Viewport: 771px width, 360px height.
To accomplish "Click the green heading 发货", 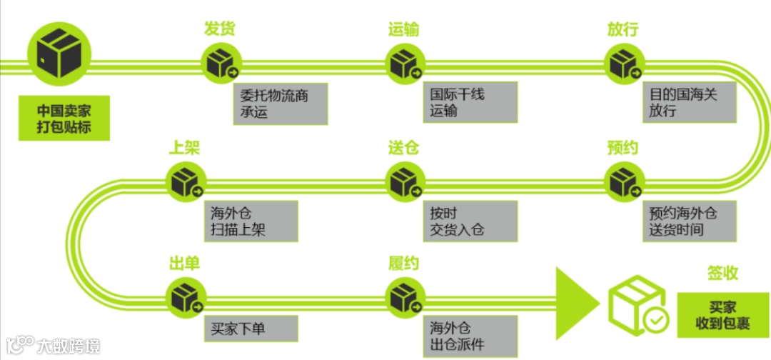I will [x=219, y=29].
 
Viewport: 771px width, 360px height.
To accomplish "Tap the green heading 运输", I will [x=403, y=29].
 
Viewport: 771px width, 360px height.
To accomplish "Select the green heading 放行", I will [x=623, y=29].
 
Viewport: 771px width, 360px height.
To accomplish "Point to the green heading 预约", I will [x=623, y=148].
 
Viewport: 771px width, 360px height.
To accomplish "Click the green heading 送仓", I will [x=403, y=148].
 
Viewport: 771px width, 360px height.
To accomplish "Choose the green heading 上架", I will [x=184, y=148].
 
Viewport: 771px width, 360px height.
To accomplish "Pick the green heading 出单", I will [x=184, y=264].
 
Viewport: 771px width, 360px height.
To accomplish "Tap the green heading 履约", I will [x=403, y=264].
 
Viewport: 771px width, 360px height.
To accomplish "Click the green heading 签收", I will [x=722, y=274].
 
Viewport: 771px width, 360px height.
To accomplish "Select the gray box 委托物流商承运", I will [x=281, y=103].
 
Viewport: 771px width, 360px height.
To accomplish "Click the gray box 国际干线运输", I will [x=470, y=103].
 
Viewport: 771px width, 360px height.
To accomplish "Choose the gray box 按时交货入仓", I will [x=470, y=221].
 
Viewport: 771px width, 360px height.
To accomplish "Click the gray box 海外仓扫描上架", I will [x=250, y=221].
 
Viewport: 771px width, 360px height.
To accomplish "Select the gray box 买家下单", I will [x=250, y=329].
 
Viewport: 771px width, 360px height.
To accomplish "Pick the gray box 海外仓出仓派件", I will [x=470, y=336].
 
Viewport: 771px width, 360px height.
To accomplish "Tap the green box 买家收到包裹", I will [x=722, y=315].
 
